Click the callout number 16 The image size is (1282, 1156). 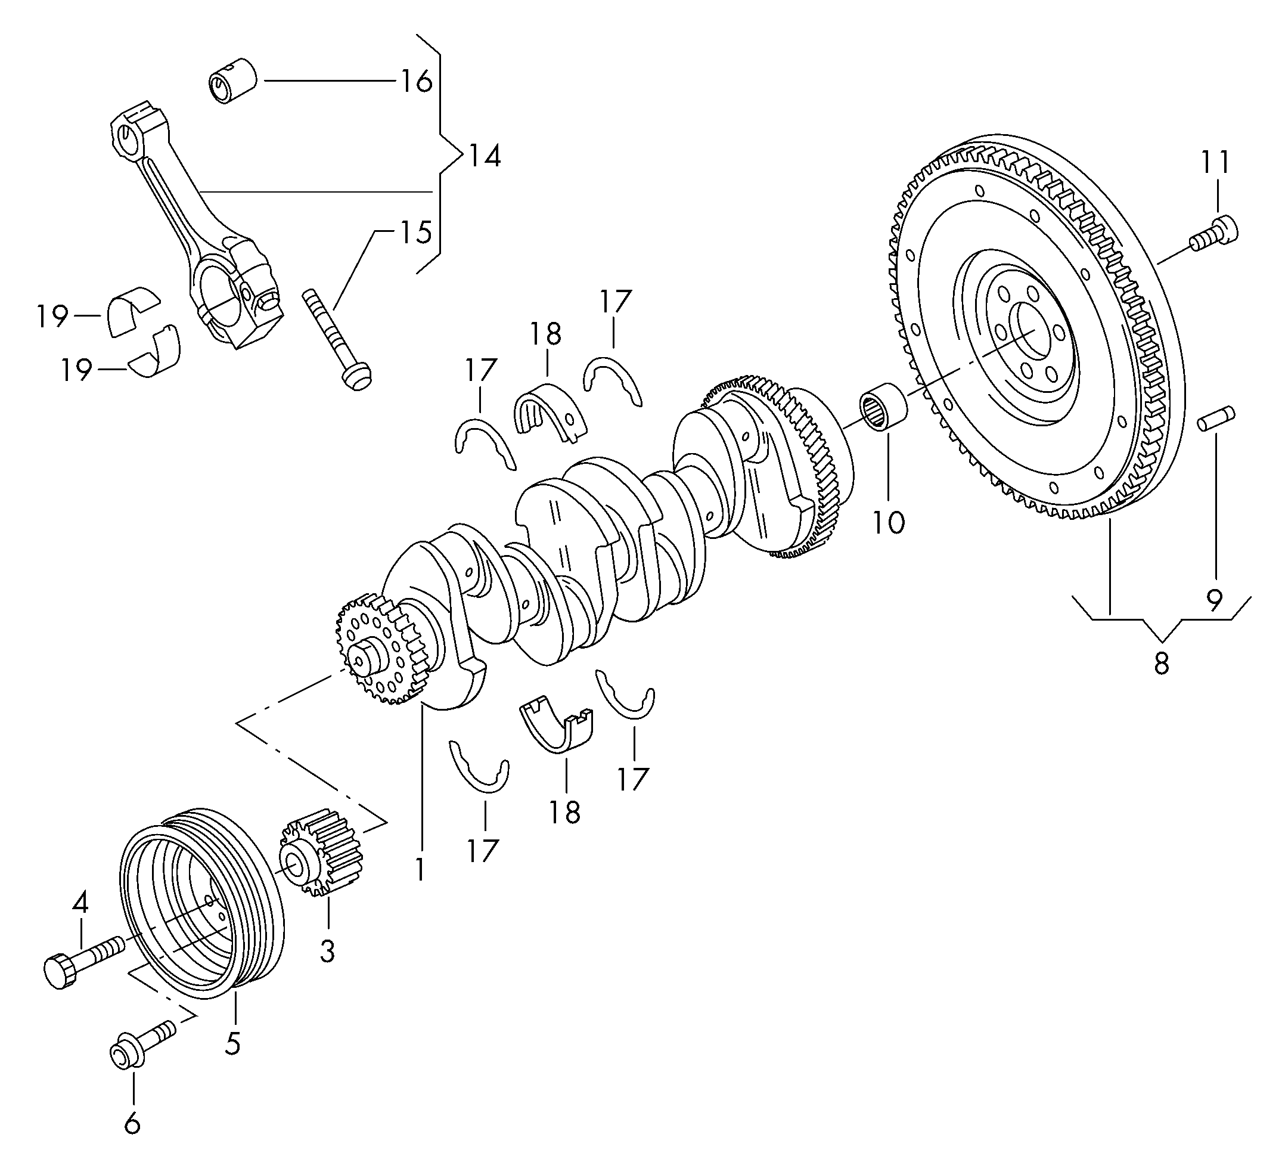coord(416,82)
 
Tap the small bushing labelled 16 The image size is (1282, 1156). coord(232,80)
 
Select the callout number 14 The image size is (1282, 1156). coord(484,156)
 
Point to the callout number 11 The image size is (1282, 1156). coord(1215,162)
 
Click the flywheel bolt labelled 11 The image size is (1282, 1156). coord(1213,233)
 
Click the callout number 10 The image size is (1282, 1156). coord(887,523)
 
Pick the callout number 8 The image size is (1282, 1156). coord(1161,663)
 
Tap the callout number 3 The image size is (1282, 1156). coord(327,952)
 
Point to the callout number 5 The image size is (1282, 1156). coord(233,1043)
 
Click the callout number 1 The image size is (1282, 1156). coord(420,868)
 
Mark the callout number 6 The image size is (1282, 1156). coord(132,1124)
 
